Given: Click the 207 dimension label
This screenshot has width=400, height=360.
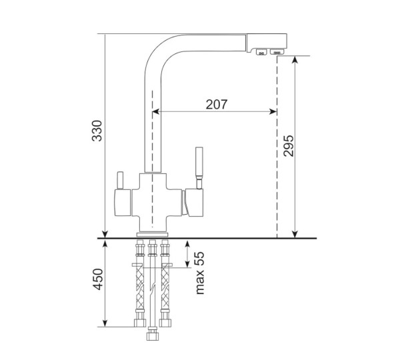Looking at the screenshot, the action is point(216,104).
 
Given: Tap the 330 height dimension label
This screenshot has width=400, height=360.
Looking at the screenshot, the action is point(97,131).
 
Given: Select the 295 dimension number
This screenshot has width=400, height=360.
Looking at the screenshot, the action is point(288,146).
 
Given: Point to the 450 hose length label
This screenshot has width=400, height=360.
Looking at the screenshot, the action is point(98,279).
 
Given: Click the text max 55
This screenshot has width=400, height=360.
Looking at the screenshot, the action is point(200,273).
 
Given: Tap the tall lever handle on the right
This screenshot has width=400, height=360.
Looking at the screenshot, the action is point(199,167).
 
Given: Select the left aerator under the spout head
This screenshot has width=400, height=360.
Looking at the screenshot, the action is point(261,52).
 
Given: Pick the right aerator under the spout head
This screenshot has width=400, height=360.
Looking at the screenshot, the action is point(277,51).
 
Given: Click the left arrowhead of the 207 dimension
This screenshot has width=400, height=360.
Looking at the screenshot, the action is point(156,111).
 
